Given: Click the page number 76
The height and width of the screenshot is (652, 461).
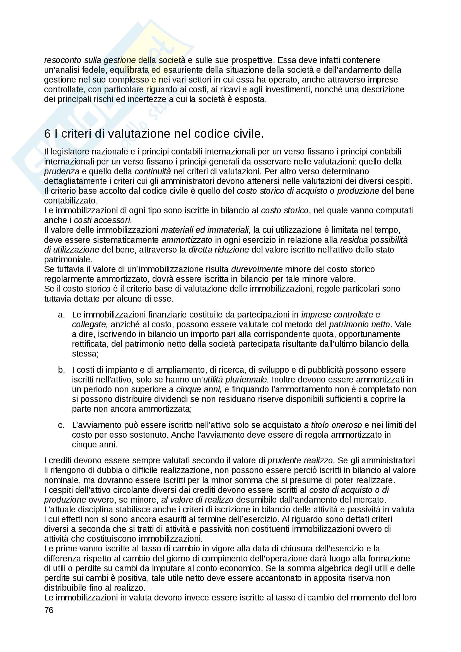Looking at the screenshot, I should [49, 610].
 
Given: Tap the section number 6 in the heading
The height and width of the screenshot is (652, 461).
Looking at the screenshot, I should [47, 134].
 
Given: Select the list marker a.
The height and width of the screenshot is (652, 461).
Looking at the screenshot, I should [61, 315].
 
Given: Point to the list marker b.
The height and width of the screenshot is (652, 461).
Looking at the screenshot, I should [61, 370].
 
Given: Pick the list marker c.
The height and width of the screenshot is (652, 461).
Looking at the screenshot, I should [61, 425].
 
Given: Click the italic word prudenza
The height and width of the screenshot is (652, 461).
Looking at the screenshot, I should [62, 171].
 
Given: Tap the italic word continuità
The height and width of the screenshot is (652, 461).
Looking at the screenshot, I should [153, 171].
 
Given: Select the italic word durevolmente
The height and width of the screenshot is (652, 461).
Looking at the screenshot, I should [257, 269].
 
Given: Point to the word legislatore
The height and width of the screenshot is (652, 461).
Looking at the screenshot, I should [67, 152].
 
